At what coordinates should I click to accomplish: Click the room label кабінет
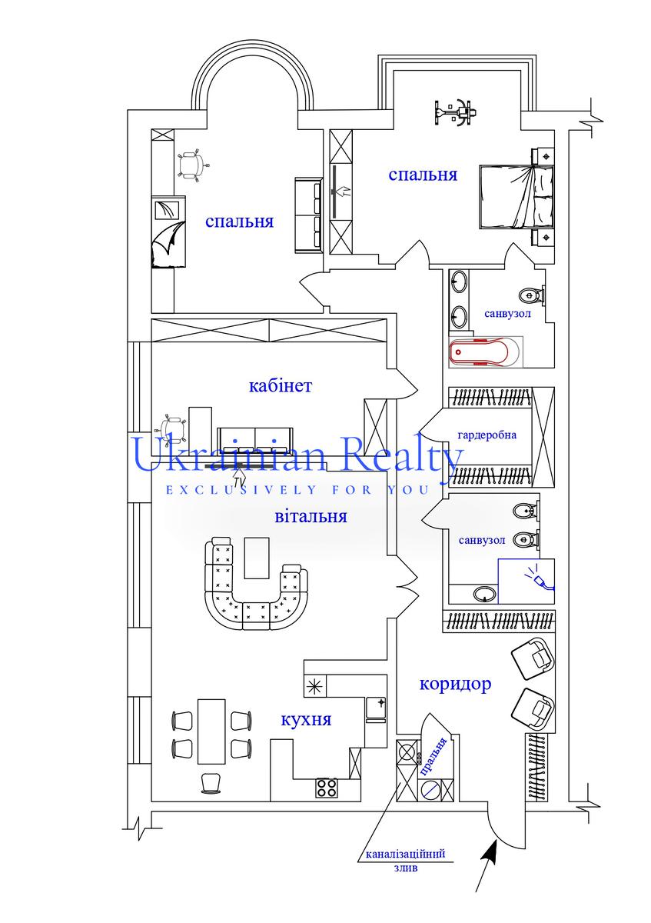(281, 386)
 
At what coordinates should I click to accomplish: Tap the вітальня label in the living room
(311, 516)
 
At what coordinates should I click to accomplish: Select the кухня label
(306, 720)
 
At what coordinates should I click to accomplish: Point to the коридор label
(456, 684)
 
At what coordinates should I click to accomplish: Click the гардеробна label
(487, 435)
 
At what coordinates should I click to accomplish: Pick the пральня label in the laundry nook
(433, 757)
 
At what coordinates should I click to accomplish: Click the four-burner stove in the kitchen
(327, 788)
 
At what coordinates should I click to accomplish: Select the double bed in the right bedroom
(516, 197)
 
